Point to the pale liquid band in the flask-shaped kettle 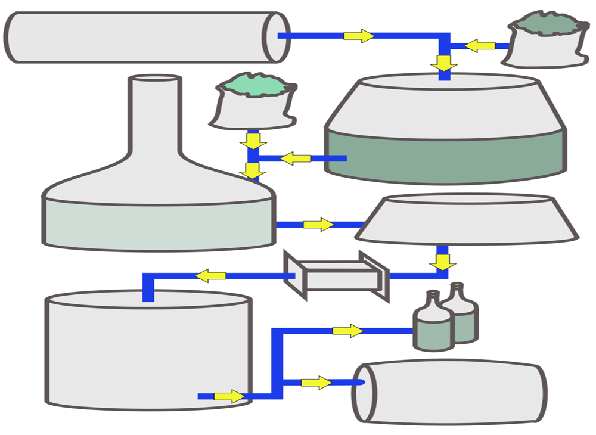coord(158,223)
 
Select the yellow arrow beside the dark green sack coord(480,45)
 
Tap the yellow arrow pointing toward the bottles coord(347,331)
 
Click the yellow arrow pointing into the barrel coord(316,383)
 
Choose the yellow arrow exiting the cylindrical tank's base coord(229,396)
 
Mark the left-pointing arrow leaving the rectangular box coord(211,276)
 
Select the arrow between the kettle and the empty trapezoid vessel coord(318,225)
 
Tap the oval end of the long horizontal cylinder coord(277,37)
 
